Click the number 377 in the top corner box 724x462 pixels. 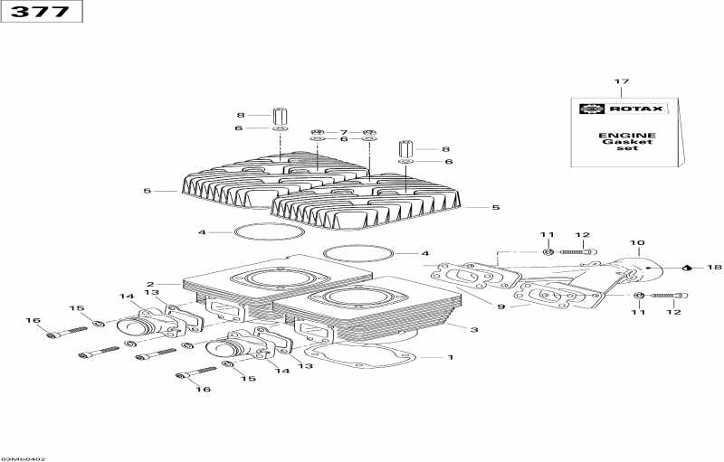40,12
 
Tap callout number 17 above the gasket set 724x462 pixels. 622,81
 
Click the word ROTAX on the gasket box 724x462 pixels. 636,108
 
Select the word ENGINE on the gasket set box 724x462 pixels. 627,136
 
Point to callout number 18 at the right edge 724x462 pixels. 714,268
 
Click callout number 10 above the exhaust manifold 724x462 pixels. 637,243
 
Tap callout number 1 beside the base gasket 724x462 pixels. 450,357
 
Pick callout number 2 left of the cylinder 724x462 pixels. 150,285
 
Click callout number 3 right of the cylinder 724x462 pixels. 473,329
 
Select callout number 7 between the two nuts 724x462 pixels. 343,133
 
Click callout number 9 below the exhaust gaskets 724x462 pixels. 501,306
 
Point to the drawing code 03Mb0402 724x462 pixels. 24,458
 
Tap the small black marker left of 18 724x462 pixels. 687,268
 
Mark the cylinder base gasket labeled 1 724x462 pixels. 362,356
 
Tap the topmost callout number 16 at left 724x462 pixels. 33,320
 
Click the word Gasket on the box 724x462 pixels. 627,142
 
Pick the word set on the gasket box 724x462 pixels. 627,148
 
